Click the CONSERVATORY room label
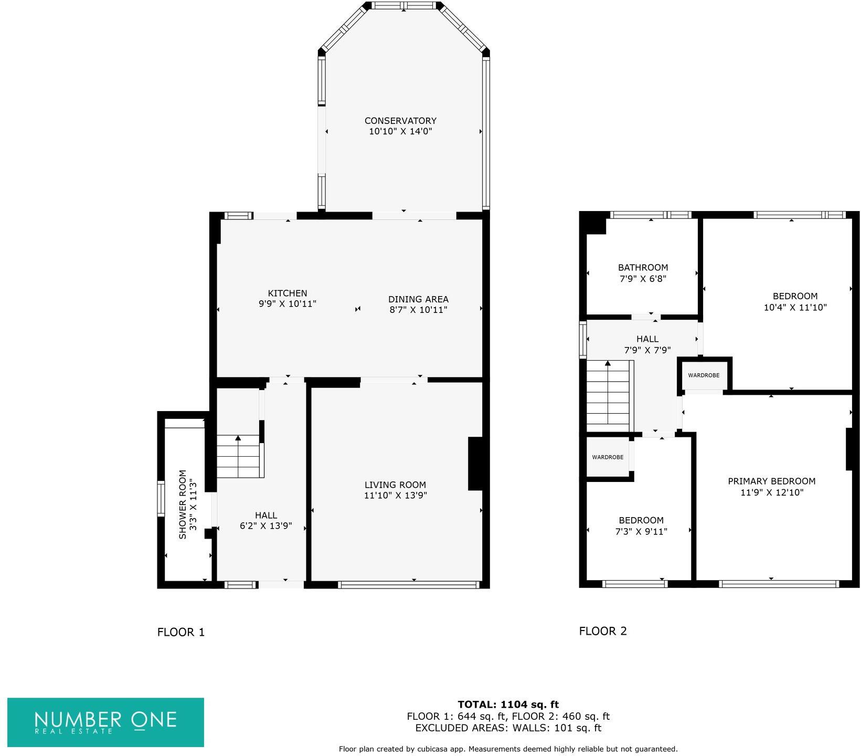pyautogui.click(x=400, y=121)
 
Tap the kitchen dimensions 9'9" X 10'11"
pyautogui.click(x=288, y=303)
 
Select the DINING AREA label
pyautogui.click(x=418, y=299)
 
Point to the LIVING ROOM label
pyautogui.click(x=395, y=485)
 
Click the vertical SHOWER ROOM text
pyautogui.click(x=183, y=504)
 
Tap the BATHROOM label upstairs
pyautogui.click(x=643, y=267)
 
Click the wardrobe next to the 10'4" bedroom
pyautogui.click(x=704, y=375)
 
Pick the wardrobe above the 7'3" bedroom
pyautogui.click(x=608, y=457)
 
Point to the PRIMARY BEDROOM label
pyautogui.click(x=771, y=481)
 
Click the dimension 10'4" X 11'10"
pyautogui.click(x=795, y=308)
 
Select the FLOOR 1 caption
pyautogui.click(x=180, y=632)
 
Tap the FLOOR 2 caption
pyautogui.click(x=603, y=631)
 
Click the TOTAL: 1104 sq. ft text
pyautogui.click(x=508, y=705)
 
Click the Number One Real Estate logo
pyautogui.click(x=105, y=722)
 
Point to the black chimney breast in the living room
pyautogui.click(x=475, y=464)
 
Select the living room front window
pyautogui.click(x=408, y=584)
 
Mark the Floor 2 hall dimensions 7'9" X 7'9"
pyautogui.click(x=647, y=350)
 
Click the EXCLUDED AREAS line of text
pyautogui.click(x=508, y=728)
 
